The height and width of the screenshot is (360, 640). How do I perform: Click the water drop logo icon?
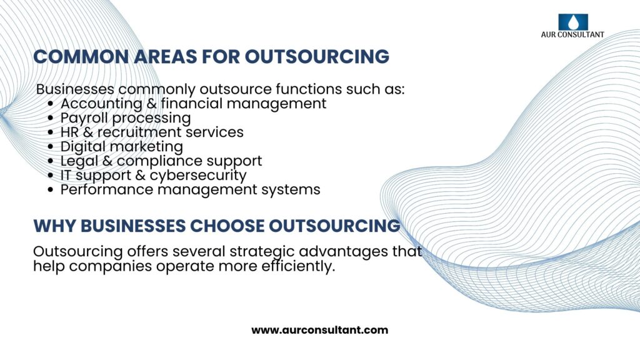573,22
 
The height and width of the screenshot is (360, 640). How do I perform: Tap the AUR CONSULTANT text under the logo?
572,35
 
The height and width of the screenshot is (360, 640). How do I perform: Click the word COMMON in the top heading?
81,57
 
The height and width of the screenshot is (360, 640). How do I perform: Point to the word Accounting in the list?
101,104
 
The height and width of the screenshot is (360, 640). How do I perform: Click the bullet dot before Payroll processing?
50,118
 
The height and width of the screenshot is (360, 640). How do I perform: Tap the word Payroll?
84,118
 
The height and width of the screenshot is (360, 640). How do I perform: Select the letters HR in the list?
69,132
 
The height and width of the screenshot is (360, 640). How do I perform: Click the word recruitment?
139,132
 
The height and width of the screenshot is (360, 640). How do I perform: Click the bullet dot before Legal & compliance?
50,161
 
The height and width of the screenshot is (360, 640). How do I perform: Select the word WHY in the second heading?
54,226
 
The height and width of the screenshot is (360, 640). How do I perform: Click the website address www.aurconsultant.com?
319,330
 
